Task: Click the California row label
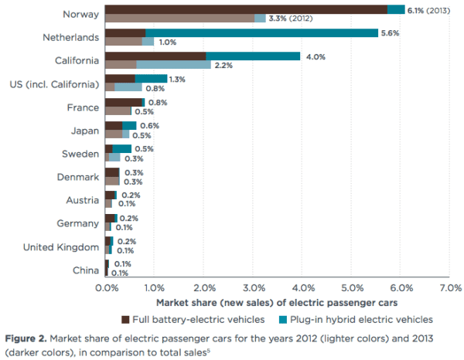77,60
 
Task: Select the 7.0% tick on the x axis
449,288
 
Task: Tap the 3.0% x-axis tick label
253,288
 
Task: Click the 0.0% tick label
106,288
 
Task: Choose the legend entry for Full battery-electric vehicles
193,318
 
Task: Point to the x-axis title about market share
277,303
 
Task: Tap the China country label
85,270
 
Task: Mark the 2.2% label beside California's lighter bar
223,65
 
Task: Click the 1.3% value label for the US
177,79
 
